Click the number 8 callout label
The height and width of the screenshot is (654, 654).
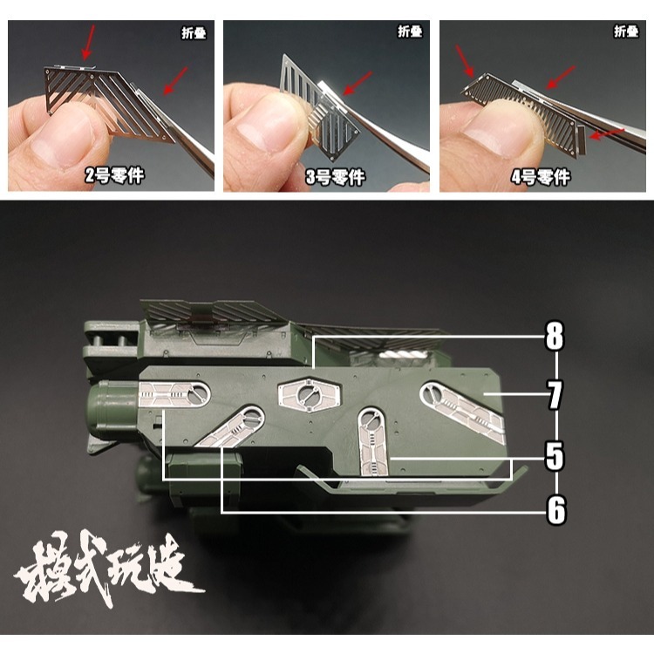pyautogui.click(x=554, y=337)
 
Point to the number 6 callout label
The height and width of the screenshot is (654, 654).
pyautogui.click(x=554, y=510)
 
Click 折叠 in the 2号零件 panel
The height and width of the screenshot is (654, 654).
pyautogui.click(x=194, y=32)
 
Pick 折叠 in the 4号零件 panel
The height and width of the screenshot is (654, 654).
pyautogui.click(x=626, y=32)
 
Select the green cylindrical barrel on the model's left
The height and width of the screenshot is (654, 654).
pyautogui.click(x=109, y=410)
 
